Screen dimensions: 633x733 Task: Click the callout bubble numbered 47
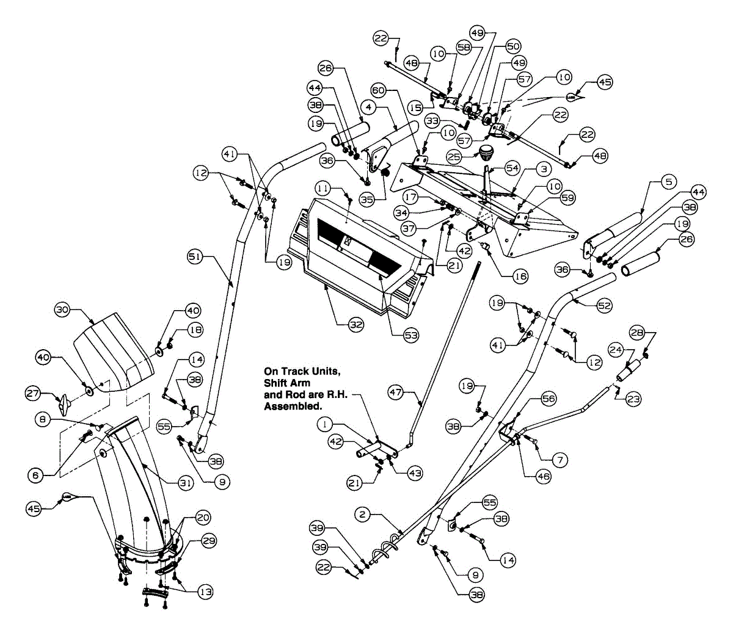tap(395, 392)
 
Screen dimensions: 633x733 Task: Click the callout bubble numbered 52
tap(604, 306)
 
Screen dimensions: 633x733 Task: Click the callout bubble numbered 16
tap(520, 276)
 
